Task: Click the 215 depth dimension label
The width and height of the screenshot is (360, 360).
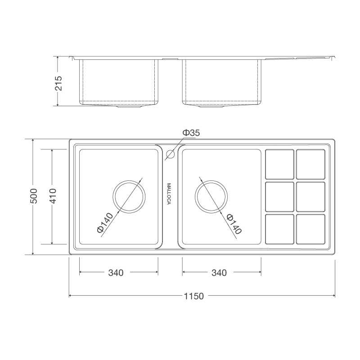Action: (x=58, y=81)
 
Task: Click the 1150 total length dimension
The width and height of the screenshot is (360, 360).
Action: (x=194, y=296)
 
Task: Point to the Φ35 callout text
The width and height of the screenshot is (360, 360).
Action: (x=191, y=133)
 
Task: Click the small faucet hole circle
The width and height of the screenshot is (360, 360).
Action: (x=170, y=154)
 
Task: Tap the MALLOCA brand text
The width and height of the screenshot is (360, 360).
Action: (x=169, y=193)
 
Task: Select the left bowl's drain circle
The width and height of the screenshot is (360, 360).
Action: (x=130, y=196)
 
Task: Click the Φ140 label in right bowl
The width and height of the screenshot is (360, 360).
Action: (x=234, y=223)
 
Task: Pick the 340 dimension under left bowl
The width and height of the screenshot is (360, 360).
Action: (x=116, y=273)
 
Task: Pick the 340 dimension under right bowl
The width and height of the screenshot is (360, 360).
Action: (x=219, y=273)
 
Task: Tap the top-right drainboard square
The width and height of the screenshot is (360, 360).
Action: (x=310, y=164)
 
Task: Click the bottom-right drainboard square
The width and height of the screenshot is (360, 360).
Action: (x=310, y=229)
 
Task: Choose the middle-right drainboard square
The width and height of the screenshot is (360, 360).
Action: (x=310, y=197)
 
